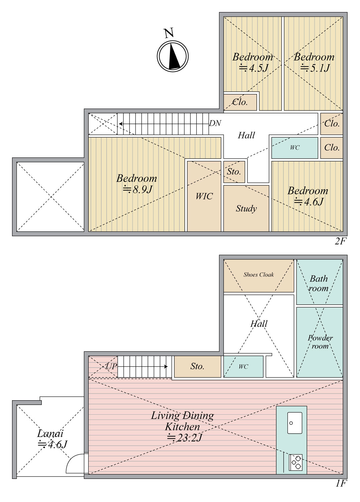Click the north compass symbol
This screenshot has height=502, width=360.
coord(173,56)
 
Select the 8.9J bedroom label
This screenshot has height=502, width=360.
coord(137,184)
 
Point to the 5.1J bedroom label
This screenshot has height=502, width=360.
coord(314,62)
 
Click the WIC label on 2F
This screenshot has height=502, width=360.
coord(204,196)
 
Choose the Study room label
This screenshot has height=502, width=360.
coord(246,208)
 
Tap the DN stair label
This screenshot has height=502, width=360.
coord(215,123)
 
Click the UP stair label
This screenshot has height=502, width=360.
coord(111,366)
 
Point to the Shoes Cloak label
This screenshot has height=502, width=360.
coord(259,275)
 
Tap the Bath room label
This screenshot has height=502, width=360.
coord(319,283)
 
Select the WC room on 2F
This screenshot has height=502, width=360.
coord(294,148)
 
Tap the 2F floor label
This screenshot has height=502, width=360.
coord(341,241)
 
